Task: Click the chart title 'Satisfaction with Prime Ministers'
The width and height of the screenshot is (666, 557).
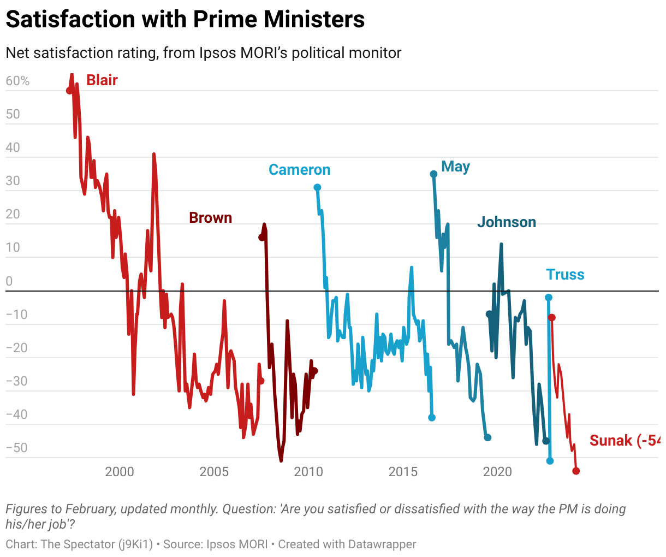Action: click(x=185, y=20)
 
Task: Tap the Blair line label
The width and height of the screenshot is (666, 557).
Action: click(x=102, y=80)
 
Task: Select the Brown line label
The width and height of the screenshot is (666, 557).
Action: click(x=210, y=218)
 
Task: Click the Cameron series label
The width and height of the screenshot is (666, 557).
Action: click(x=299, y=170)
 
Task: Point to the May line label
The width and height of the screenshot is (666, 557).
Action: click(x=455, y=167)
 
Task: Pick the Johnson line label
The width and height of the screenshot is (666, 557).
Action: click(x=506, y=222)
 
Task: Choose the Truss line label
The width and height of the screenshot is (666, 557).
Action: click(x=565, y=275)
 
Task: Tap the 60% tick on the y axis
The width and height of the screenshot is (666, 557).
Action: click(x=17, y=81)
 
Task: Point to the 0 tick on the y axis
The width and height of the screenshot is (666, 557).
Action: click(x=9, y=281)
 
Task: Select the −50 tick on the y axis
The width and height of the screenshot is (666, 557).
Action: click(x=16, y=448)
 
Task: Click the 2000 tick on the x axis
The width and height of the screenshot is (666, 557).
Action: click(x=120, y=472)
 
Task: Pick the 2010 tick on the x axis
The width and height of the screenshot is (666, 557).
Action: click(x=308, y=472)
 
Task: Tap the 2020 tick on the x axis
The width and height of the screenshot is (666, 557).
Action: click(x=497, y=472)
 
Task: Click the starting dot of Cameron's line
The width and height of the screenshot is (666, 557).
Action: click(x=317, y=187)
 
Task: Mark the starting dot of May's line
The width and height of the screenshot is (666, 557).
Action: click(x=433, y=174)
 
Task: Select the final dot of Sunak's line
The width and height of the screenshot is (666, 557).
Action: click(x=576, y=471)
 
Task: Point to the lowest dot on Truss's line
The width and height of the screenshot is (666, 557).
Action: click(x=550, y=461)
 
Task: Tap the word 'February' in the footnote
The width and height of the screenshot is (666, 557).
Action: click(x=91, y=509)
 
